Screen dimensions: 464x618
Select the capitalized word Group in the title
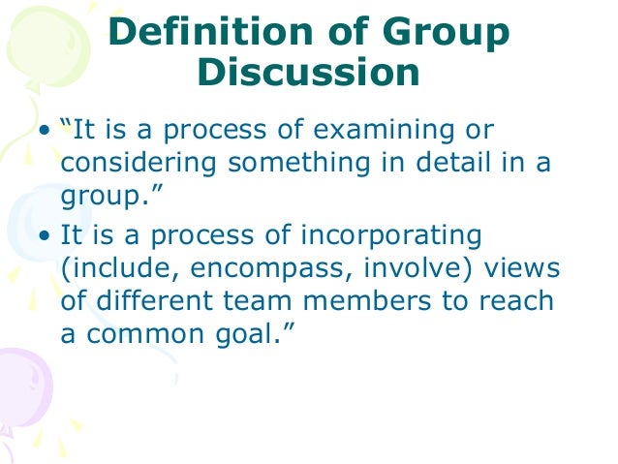[x=448, y=35]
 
